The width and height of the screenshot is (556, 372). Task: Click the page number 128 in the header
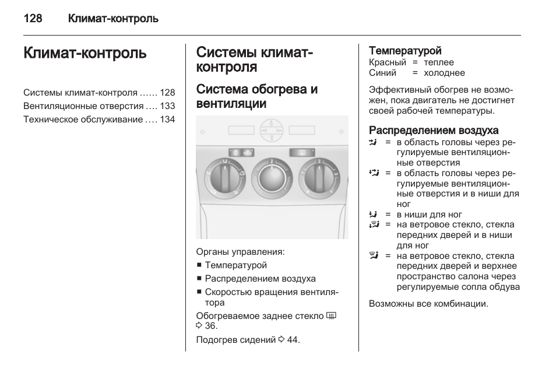pos(33,19)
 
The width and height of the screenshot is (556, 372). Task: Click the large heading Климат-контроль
pos(85,54)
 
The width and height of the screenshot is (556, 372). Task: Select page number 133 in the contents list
pos(168,106)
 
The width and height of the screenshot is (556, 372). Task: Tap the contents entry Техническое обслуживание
pos(83,120)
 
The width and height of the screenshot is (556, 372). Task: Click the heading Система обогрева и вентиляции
pos(257,97)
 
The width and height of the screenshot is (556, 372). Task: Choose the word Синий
pos(382,73)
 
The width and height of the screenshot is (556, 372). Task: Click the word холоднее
pos(444,73)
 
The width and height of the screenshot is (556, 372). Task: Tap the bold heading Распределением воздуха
pos(434,130)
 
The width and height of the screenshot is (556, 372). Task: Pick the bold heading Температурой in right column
pos(405,51)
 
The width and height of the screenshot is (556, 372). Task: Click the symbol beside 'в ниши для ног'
pos(374,214)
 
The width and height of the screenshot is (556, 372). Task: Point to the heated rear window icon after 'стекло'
pos(332,315)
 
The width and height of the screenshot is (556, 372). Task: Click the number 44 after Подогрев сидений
pos(293,339)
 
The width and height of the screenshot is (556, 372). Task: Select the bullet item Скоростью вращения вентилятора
pos(271,297)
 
